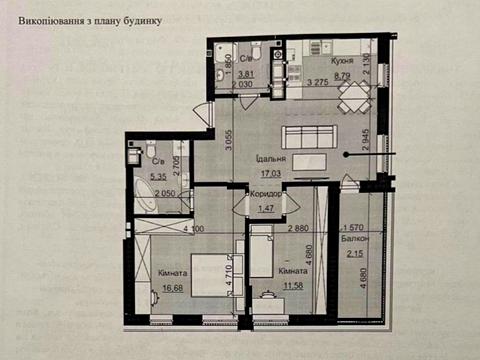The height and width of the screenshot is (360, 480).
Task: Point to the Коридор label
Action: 266,194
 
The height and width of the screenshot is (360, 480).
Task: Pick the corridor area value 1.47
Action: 266,208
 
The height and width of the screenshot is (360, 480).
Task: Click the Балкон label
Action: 359,240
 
